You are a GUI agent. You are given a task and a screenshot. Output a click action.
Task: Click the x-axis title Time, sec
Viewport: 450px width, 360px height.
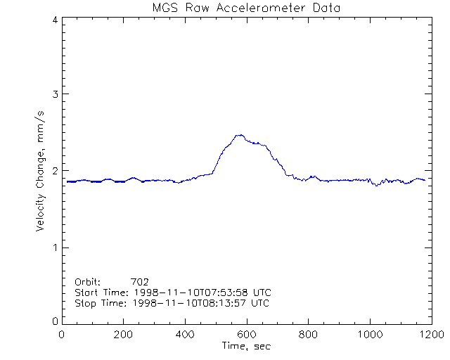point(245,345)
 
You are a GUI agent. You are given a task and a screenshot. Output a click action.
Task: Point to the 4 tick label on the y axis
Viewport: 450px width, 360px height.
point(54,20)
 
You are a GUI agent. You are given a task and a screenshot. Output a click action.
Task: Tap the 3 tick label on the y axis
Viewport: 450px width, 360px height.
point(54,94)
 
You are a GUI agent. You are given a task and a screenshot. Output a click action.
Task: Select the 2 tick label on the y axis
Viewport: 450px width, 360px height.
point(54,171)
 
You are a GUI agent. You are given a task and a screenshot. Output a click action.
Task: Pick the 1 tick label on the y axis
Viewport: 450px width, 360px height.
point(54,247)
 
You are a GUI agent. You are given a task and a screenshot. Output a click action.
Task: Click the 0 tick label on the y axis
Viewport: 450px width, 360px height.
point(54,321)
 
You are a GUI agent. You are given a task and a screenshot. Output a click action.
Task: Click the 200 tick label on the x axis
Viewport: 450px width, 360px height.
point(124,335)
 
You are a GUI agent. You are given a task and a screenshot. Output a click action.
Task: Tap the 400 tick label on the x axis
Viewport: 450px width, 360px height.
point(185,335)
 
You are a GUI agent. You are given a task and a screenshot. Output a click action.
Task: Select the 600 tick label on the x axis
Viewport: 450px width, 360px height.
point(247,335)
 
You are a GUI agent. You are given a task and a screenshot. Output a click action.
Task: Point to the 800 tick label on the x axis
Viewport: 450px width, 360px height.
point(308,335)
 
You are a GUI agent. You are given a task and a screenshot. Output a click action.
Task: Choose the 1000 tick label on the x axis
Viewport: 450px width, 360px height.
point(369,335)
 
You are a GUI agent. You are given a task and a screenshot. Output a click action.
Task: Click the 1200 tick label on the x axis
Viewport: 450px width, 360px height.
point(430,335)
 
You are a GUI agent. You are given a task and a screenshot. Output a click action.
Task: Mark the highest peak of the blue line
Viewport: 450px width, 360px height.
point(240,135)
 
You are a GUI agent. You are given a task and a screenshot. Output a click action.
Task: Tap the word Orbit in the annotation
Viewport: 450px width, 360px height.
point(87,281)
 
